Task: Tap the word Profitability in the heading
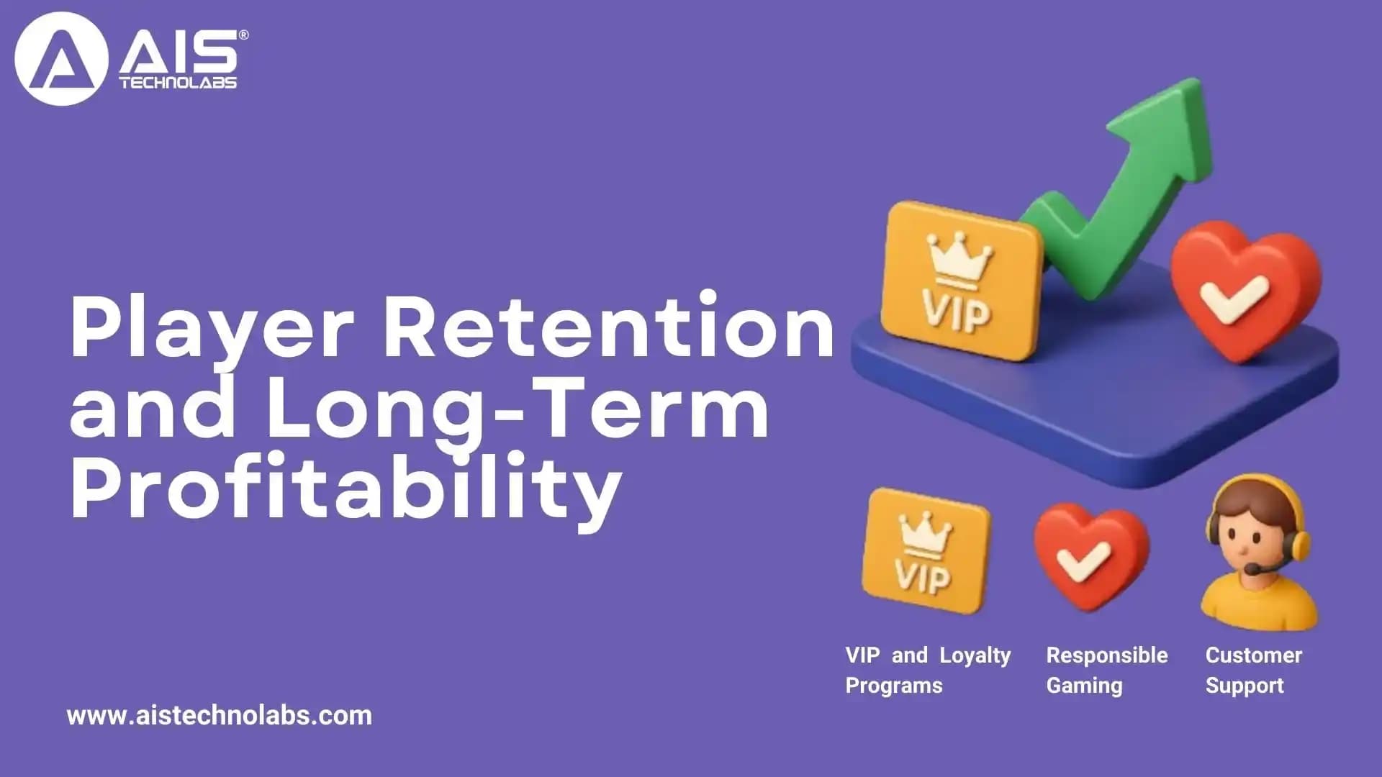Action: [x=345, y=489]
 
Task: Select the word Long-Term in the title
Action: [x=518, y=410]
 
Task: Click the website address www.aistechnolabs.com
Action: [x=219, y=716]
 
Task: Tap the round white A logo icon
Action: [x=61, y=59]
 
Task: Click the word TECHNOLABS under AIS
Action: [x=178, y=83]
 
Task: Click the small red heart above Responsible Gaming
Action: [x=1090, y=554]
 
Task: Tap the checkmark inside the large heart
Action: [x=1234, y=299]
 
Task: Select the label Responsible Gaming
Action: [x=1106, y=670]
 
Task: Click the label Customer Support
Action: [x=1253, y=670]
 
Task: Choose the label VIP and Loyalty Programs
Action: [x=928, y=670]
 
